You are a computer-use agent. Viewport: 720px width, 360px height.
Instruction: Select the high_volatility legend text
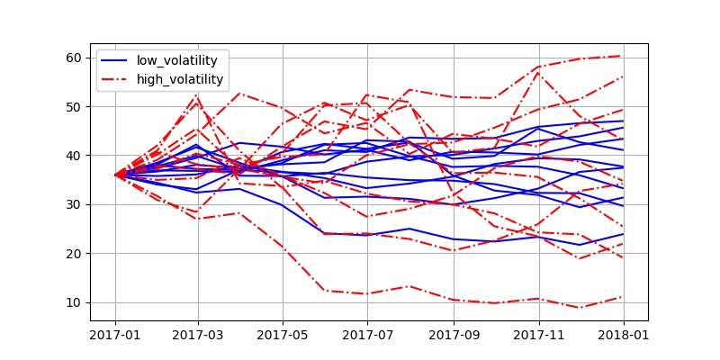(180, 79)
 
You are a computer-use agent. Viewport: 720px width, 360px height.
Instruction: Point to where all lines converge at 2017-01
(115, 175)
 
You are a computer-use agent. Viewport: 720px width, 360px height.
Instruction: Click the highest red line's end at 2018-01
(623, 56)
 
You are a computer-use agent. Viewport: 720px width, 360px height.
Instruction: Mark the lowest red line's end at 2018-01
(623, 297)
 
